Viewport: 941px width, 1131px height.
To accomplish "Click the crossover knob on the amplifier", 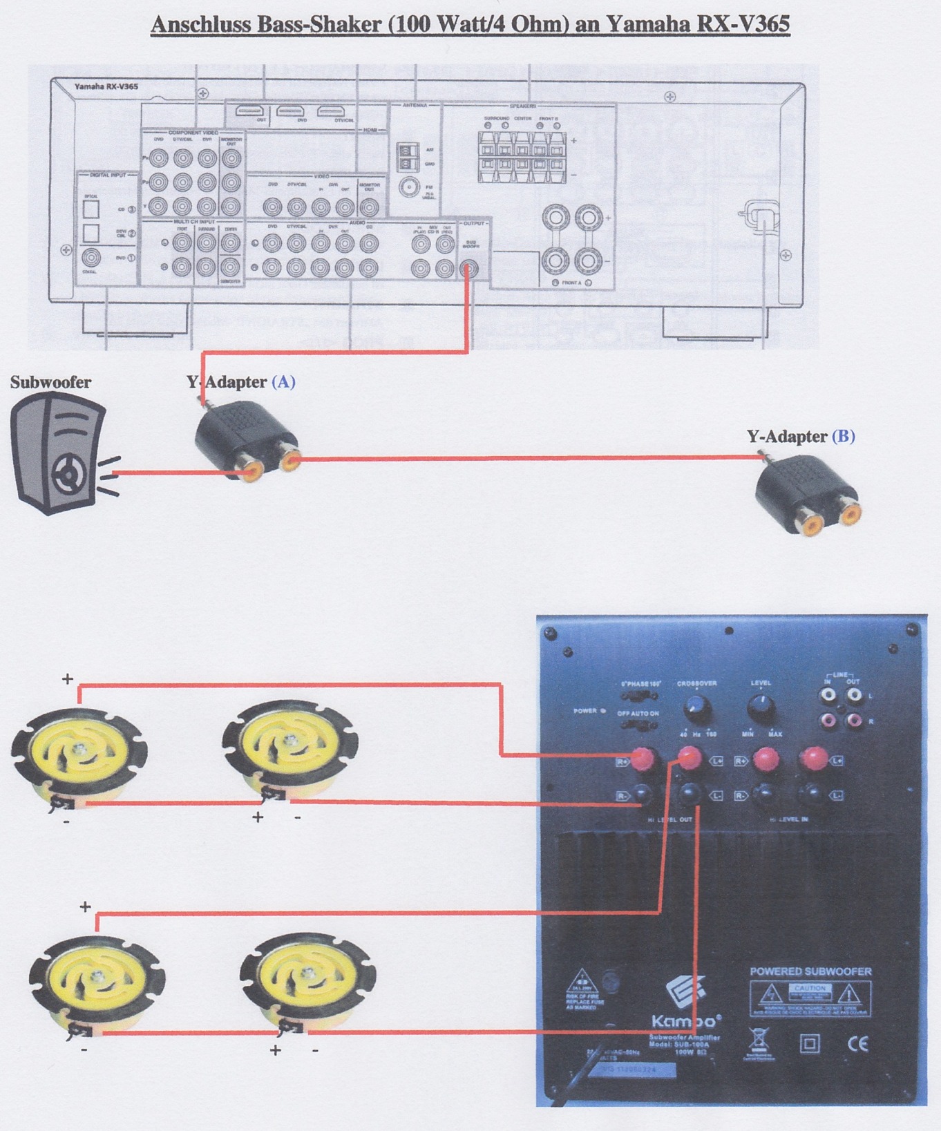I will pyautogui.click(x=696, y=708).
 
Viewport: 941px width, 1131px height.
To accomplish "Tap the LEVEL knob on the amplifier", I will pyautogui.click(x=761, y=707).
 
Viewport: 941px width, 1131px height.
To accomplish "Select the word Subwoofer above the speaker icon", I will pyautogui.click(x=50, y=382).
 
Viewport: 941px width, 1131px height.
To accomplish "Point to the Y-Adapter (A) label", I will pyautogui.click(x=240, y=382).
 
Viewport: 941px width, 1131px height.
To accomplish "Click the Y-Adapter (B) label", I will pyautogui.click(x=801, y=437).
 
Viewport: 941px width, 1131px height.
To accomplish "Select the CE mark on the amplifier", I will pyautogui.click(x=857, y=1043).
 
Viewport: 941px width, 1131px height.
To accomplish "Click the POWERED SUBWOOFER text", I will pyautogui.click(x=810, y=971).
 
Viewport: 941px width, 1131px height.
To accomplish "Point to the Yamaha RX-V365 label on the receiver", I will pyautogui.click(x=106, y=87).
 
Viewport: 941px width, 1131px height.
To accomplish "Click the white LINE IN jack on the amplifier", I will pyautogui.click(x=828, y=695).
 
